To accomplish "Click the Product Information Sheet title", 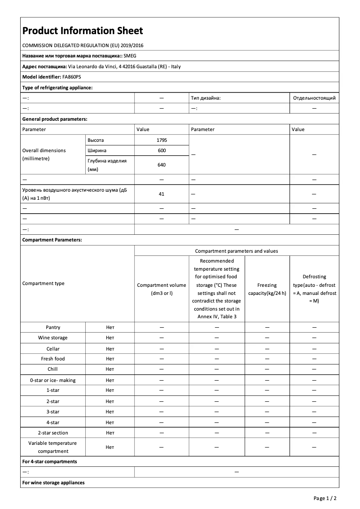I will coord(83,31).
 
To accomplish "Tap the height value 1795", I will coord(162,140).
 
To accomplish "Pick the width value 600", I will coord(162,150).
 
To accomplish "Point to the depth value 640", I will coord(162,165).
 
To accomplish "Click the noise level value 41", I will coord(162,194).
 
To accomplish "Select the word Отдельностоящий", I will coord(314,98).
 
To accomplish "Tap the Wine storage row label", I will coord(53,338).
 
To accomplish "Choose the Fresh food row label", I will coord(53,359).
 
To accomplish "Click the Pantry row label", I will coord(53,327).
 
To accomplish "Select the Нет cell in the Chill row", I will coord(110,369).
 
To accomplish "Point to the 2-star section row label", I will coord(53,433).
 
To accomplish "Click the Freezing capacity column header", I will coord(267,289).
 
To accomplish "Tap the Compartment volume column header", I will coord(162,289).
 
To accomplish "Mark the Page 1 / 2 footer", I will coord(325,498).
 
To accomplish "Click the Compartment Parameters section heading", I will coord(52,240).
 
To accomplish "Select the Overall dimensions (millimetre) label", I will coord(44,154).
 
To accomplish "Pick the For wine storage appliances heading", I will coord(53,483).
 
